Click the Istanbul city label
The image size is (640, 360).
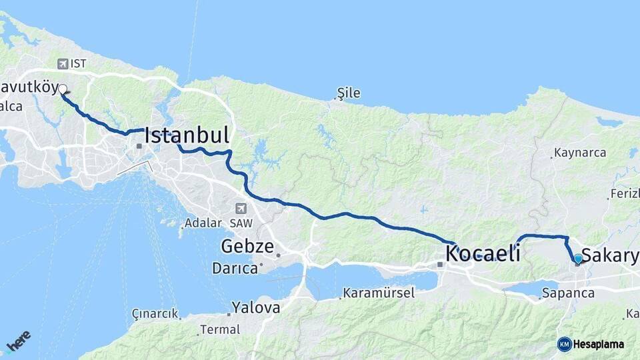coord(187,135)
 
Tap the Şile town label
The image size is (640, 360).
coord(349,93)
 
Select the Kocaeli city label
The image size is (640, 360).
coord(483,253)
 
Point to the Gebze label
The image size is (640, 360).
coord(247,247)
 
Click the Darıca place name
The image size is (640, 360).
coord(235,269)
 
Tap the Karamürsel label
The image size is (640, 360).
coord(379,293)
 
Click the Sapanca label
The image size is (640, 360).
coord(568,293)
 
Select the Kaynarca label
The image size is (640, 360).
coord(581,153)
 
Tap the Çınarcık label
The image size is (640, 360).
coord(155,313)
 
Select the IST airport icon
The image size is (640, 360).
coord(63,64)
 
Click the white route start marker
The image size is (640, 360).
coord(63,89)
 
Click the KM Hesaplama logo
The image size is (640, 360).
coord(591,344)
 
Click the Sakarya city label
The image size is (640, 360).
coord(610,256)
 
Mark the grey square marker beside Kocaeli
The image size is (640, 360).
coord(440,265)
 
